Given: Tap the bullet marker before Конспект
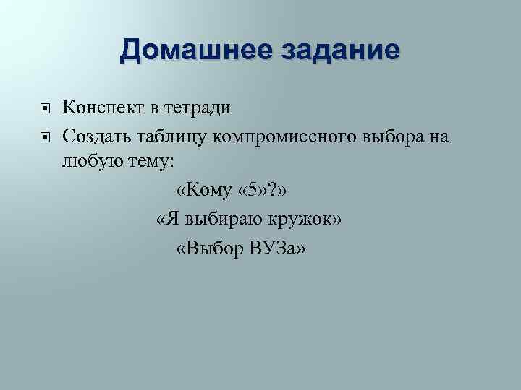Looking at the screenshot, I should [x=45, y=109].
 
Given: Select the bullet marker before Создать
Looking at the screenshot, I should [x=45, y=135].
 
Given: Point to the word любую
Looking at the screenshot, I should [x=87, y=161].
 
